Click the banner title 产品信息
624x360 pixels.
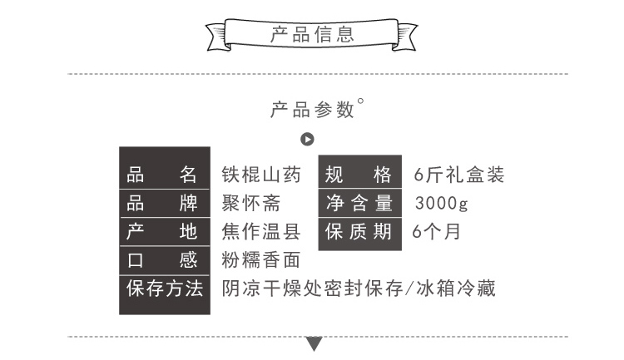312,34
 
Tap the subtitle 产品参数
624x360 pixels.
312,110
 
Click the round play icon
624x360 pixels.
307,139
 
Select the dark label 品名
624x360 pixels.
161,175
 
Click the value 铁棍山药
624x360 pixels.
261,175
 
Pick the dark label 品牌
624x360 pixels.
161,203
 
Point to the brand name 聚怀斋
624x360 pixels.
251,203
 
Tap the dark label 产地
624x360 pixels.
161,231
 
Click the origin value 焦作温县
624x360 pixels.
261,231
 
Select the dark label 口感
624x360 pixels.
161,260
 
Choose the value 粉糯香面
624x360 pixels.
261,260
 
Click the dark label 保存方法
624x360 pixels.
165,288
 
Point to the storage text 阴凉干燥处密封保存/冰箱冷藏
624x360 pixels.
359,288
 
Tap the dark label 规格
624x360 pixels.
358,175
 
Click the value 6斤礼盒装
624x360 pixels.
459,175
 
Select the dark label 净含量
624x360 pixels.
359,203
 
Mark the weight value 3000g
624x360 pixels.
441,203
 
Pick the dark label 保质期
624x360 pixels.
358,231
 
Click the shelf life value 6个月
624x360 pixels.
436,231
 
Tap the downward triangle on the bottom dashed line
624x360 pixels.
314,343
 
